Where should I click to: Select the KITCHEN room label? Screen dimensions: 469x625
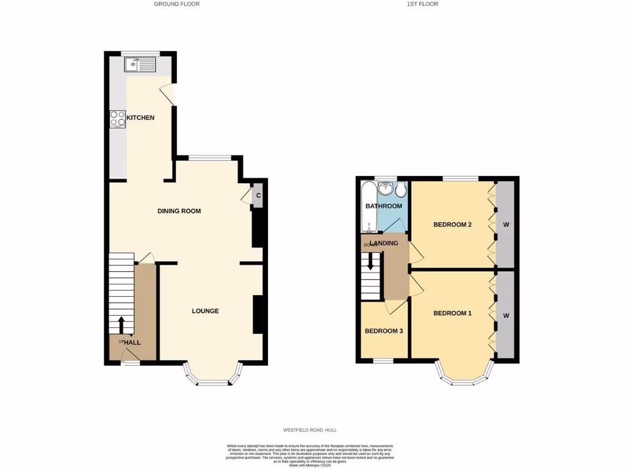tap(140, 117)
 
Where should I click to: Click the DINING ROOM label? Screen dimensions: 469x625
tap(179, 211)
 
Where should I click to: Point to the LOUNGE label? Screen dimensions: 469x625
tap(205, 311)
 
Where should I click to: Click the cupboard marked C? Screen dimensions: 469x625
tap(258, 196)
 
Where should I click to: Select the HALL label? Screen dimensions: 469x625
tap(132, 343)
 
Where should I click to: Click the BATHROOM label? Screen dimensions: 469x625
tap(384, 206)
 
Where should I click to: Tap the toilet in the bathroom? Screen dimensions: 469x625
tap(401, 190)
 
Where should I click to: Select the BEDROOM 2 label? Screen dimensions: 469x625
tap(452, 225)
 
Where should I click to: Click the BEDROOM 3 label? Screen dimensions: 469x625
tap(383, 331)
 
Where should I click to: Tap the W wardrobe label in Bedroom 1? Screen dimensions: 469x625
tap(506, 316)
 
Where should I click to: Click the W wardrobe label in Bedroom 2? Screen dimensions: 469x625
tap(505, 225)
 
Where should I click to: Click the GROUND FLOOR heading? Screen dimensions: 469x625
tap(176, 4)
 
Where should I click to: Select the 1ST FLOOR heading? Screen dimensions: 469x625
tap(422, 4)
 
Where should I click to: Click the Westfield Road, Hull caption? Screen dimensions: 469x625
tap(312, 432)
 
